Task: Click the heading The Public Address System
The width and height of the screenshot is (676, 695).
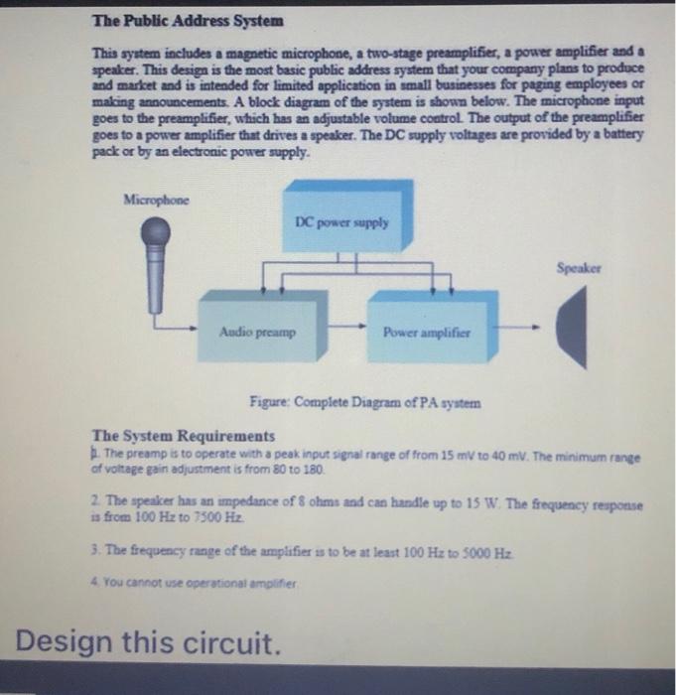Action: pyautogui.click(x=188, y=20)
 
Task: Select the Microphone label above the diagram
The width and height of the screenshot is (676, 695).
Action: pyautogui.click(x=156, y=199)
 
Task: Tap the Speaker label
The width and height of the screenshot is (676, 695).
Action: pyautogui.click(x=579, y=268)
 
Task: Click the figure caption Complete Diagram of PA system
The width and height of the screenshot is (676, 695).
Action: pyautogui.click(x=365, y=403)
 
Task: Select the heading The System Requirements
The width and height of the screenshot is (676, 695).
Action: pyautogui.click(x=183, y=435)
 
